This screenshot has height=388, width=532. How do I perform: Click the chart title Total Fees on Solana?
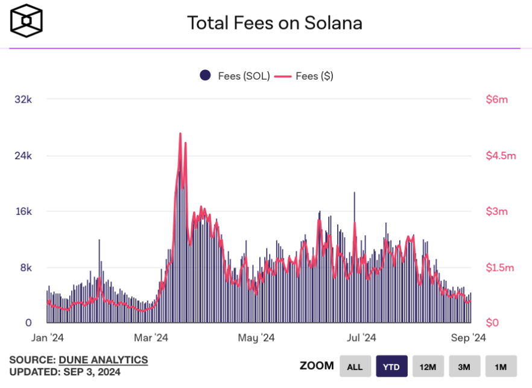click(274, 23)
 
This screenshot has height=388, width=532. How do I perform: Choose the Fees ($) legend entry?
click(304, 75)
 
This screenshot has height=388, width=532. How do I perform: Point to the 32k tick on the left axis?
click(23, 100)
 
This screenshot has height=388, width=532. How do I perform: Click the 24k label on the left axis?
click(23, 156)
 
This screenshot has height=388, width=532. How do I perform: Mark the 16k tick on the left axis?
click(23, 211)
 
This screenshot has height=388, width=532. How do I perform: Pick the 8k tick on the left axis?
click(25, 267)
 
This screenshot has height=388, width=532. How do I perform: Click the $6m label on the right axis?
click(497, 100)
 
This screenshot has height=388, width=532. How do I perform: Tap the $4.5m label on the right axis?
click(501, 156)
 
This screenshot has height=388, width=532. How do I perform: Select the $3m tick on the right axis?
click(497, 211)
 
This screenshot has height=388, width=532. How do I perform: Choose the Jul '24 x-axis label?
click(362, 337)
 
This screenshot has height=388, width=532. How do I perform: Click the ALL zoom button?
click(355, 366)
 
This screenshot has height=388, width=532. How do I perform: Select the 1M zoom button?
click(501, 366)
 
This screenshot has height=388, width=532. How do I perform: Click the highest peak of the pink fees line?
click(180, 134)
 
